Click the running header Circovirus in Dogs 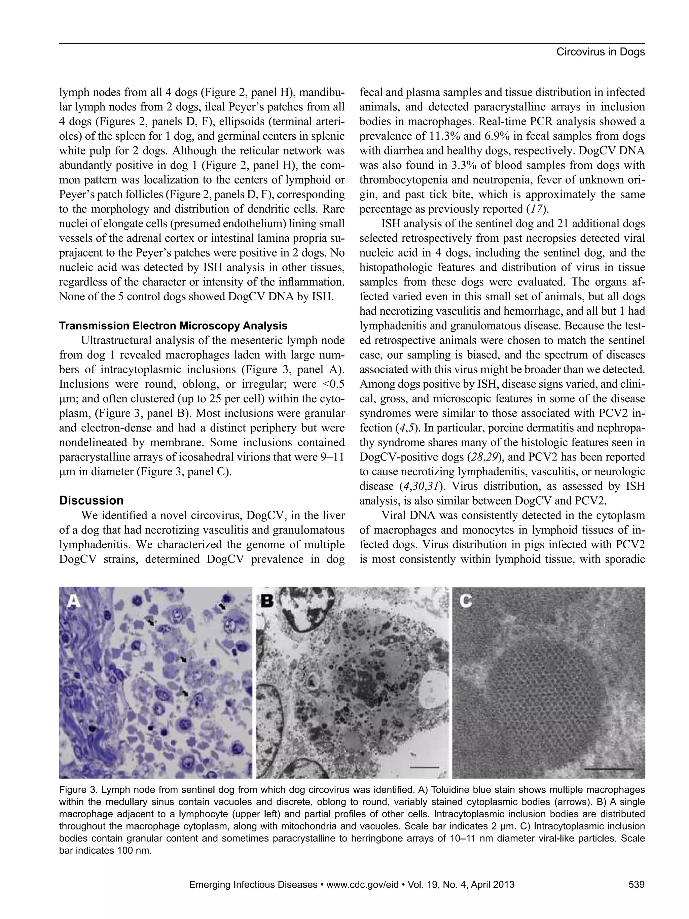pos(600,52)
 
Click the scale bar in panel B pos(424,767)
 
